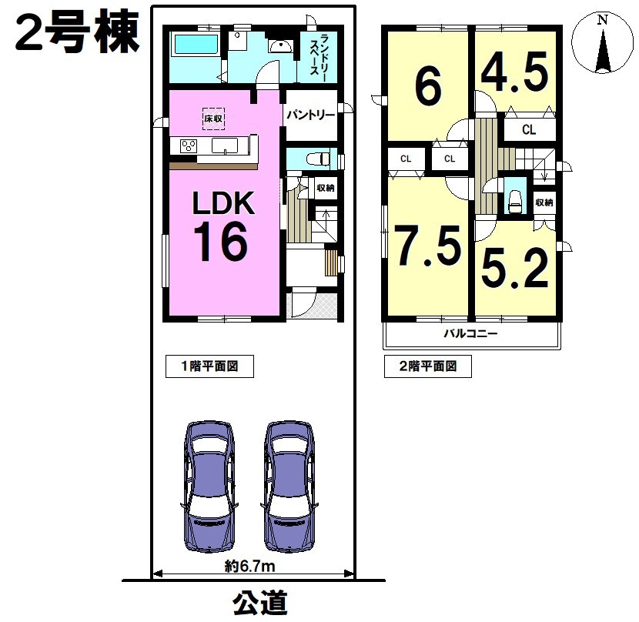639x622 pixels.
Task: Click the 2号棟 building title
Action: pyautogui.click(x=78, y=32)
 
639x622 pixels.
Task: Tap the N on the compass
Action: pyautogui.click(x=602, y=19)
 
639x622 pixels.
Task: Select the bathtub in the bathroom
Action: pyautogui.click(x=196, y=45)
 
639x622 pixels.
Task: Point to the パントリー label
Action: pyautogui.click(x=310, y=115)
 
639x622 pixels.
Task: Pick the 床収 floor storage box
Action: pyautogui.click(x=213, y=119)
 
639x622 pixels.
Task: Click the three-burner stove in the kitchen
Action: pyautogui.click(x=189, y=146)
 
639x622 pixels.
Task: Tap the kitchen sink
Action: pyautogui.click(x=225, y=145)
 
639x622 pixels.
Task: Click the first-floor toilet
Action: pyautogui.click(x=318, y=159)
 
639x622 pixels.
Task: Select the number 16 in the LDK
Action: pyautogui.click(x=220, y=242)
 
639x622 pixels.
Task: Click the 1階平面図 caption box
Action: pyautogui.click(x=209, y=366)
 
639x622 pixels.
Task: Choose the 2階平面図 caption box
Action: pyautogui.click(x=428, y=366)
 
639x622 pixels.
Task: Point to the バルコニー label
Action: pyautogui.click(x=470, y=334)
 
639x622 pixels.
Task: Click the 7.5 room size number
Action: pyautogui.click(x=428, y=246)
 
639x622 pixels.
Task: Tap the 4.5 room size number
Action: pyautogui.click(x=515, y=73)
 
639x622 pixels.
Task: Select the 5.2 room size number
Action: pyautogui.click(x=515, y=269)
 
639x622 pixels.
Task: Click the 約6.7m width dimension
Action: pyautogui.click(x=249, y=566)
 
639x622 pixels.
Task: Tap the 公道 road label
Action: pyautogui.click(x=260, y=603)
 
